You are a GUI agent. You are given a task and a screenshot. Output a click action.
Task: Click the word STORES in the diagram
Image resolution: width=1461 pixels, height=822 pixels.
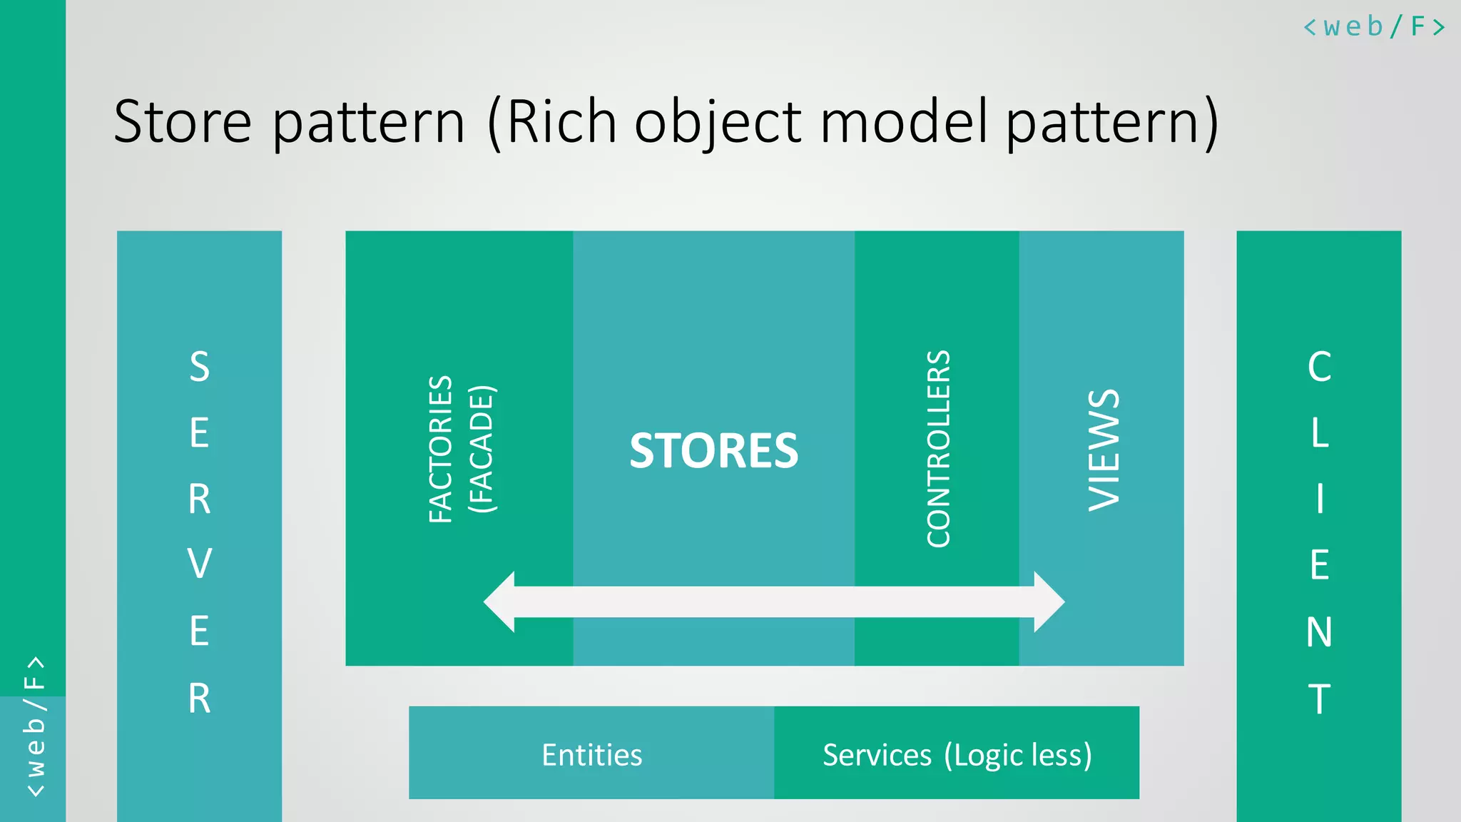[x=713, y=451]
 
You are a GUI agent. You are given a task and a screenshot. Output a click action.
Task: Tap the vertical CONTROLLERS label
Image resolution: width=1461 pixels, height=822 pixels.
[x=938, y=449]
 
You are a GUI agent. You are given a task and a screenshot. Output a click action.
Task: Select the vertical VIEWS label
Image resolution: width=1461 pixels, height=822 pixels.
[x=1104, y=450]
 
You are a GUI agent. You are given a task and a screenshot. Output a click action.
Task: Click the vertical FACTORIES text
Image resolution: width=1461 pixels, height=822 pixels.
[x=441, y=450]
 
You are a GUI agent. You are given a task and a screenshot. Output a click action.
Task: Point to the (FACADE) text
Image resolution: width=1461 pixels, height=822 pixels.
[x=482, y=450]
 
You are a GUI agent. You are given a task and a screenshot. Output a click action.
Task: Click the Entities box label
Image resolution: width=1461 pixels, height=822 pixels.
[x=591, y=755]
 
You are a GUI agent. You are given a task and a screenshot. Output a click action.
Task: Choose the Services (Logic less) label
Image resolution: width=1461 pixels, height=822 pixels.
[x=957, y=755]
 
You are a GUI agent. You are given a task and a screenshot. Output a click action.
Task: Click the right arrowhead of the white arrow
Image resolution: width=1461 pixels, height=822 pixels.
[x=1048, y=602]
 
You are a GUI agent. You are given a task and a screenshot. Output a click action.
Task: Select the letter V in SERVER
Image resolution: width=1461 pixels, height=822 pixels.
[x=200, y=564]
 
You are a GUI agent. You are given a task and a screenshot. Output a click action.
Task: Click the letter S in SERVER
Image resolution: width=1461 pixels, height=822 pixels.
[x=200, y=366]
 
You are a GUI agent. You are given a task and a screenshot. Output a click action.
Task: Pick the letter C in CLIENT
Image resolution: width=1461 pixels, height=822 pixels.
[x=1319, y=367]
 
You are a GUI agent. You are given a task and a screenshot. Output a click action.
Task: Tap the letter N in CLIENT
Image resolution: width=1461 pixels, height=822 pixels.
[x=1319, y=632]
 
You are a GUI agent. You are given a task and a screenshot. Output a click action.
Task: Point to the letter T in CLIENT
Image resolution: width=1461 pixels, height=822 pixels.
[x=1319, y=699]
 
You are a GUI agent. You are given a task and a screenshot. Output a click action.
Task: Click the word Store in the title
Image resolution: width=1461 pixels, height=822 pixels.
[x=183, y=121]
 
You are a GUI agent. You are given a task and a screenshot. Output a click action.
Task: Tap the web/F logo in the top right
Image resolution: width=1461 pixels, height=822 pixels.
[x=1373, y=27]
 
